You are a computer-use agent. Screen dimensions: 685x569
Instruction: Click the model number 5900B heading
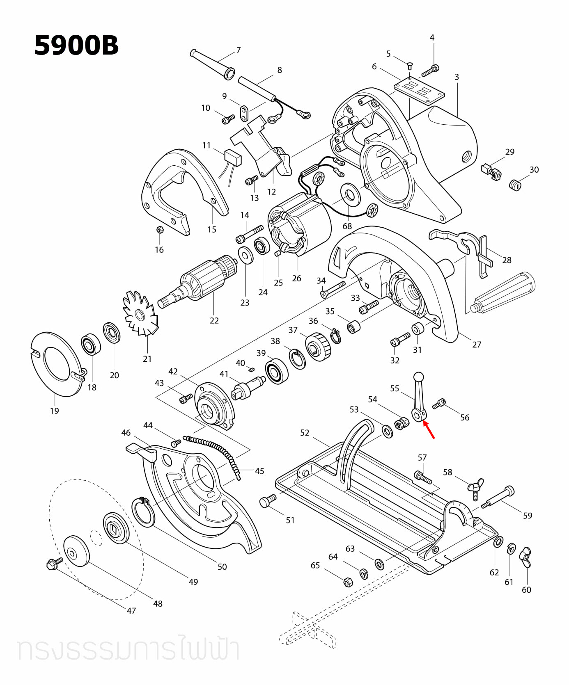[x=76, y=46]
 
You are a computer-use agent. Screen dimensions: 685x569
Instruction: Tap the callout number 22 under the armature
[x=214, y=321]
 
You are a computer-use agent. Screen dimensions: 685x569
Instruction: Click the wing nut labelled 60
[x=526, y=557]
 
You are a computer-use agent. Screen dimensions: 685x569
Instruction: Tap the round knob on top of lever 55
[x=418, y=377]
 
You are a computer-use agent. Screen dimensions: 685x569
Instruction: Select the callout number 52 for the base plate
[x=305, y=433]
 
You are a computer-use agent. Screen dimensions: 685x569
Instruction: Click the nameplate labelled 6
[x=419, y=91]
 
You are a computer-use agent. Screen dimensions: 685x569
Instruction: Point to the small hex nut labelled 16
[x=160, y=230]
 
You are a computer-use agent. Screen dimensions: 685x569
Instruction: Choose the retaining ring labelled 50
[x=143, y=511]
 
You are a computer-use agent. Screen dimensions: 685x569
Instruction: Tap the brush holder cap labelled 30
[x=515, y=185]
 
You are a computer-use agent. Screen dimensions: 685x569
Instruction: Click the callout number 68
[x=347, y=226]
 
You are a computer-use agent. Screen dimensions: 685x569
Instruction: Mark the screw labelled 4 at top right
[x=430, y=71]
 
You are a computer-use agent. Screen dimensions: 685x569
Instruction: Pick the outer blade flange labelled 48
[x=76, y=551]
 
